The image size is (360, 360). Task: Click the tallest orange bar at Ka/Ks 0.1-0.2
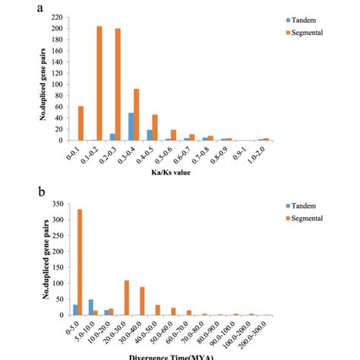[x=99, y=83]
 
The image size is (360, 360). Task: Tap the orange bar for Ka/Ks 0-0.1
[x=81, y=123]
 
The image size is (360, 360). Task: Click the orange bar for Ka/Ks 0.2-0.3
[x=118, y=84]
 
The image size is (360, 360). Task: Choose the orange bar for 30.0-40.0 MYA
[x=141, y=301]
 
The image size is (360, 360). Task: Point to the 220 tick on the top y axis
[x=56, y=17]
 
